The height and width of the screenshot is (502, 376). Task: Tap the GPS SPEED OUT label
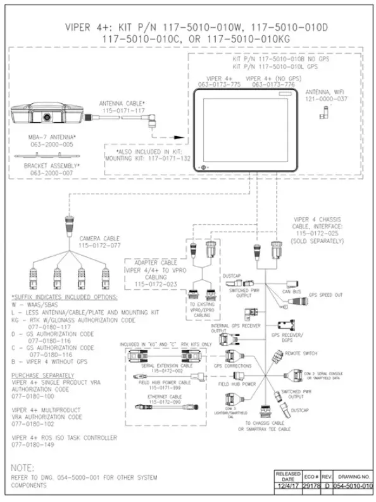click(325, 295)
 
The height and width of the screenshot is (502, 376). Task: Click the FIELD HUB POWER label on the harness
click(237, 384)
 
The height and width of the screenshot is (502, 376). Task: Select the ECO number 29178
click(311, 485)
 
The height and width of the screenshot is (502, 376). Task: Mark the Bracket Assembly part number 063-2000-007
click(49, 173)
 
